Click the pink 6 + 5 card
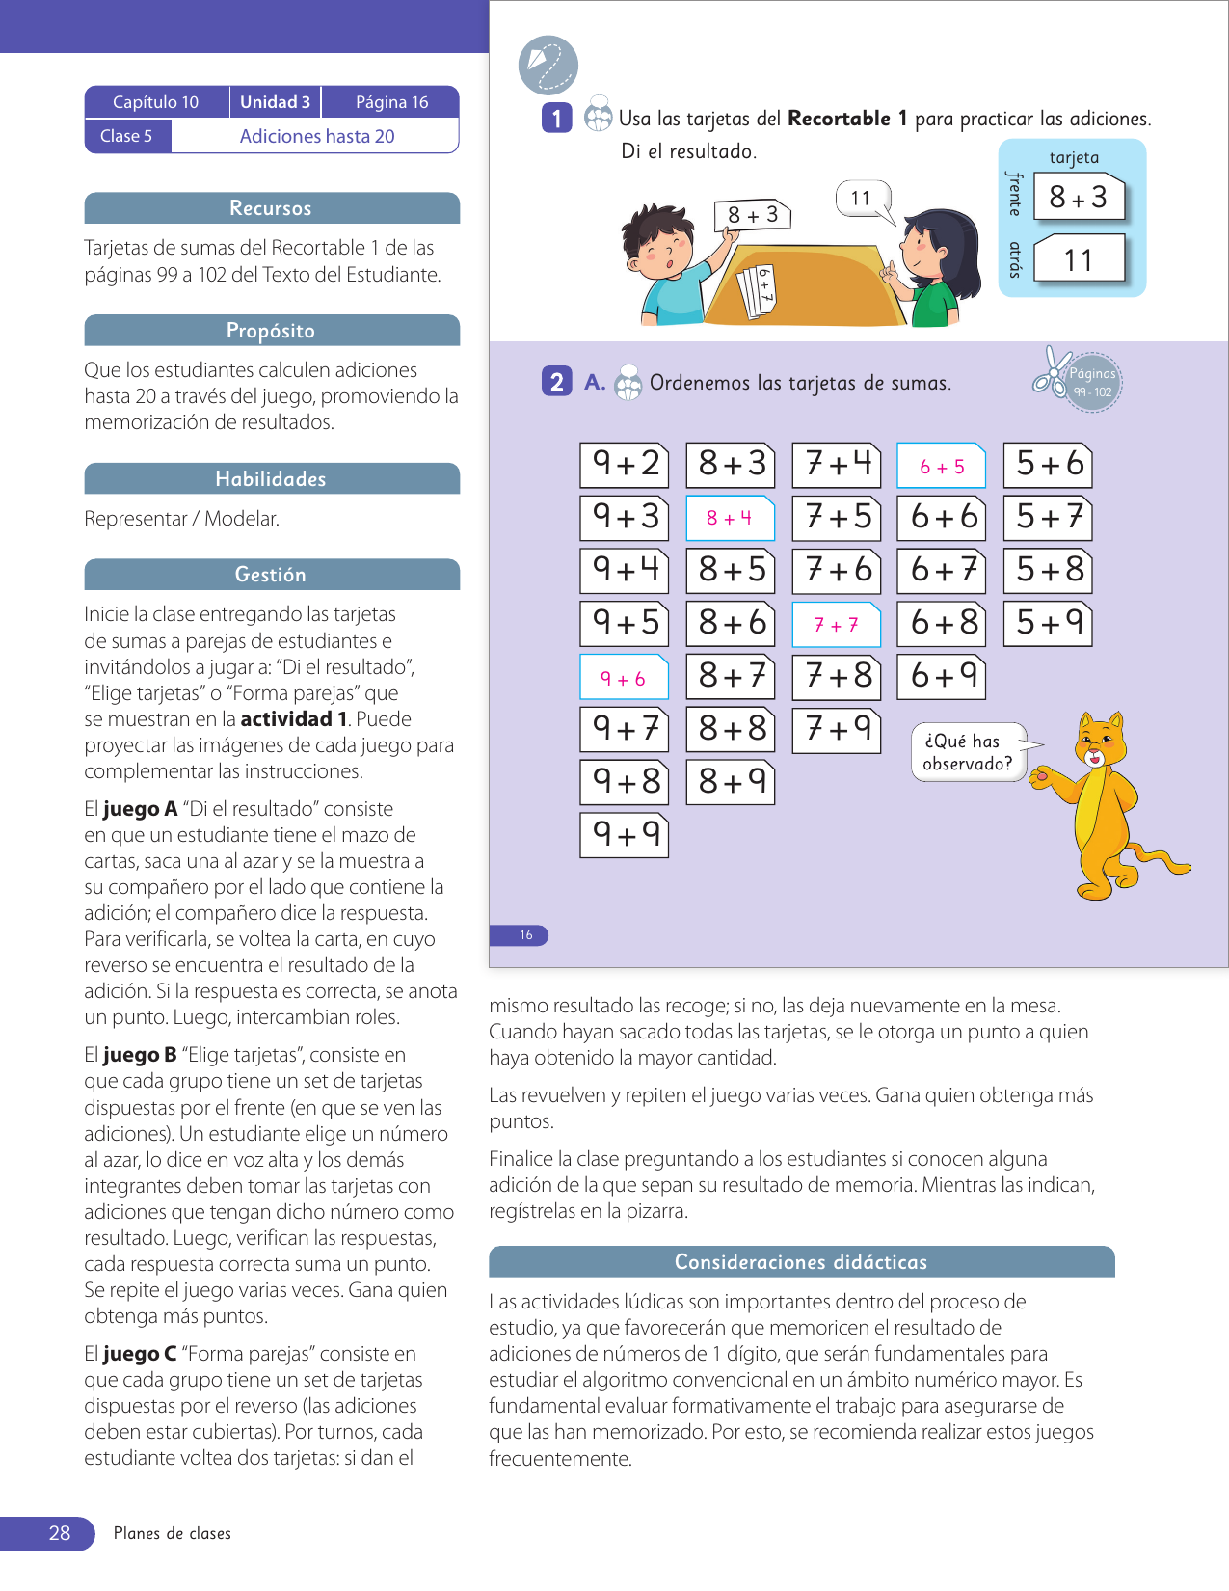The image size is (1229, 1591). (941, 467)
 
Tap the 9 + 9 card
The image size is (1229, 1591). (625, 834)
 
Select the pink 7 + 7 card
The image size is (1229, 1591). (836, 625)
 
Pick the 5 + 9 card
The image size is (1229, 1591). (1049, 623)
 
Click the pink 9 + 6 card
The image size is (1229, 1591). (624, 678)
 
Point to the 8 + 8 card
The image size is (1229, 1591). (731, 729)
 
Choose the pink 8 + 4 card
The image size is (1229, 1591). (730, 518)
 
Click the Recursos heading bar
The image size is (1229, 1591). (271, 208)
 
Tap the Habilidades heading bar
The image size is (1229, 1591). (271, 479)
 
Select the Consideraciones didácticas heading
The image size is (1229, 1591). (801, 1262)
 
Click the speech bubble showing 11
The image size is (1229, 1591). (861, 199)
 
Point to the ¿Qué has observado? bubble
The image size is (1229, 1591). (968, 752)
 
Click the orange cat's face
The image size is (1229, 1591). (1099, 743)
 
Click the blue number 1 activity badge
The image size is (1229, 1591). (556, 118)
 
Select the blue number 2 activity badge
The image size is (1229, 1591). (556, 382)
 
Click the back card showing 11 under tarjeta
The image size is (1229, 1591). (1079, 259)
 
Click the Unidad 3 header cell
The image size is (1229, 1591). (275, 102)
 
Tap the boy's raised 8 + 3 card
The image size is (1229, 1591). (753, 214)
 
